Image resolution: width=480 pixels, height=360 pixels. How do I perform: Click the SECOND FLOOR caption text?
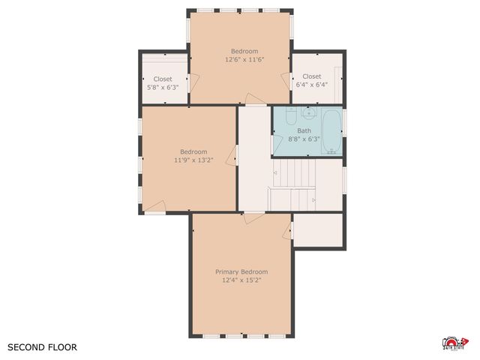pos(42,347)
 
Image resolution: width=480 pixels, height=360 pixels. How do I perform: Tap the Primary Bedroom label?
pos(241,271)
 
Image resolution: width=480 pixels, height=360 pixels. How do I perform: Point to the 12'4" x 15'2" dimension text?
pos(241,280)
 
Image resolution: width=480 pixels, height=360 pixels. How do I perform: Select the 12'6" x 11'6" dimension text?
pos(244,59)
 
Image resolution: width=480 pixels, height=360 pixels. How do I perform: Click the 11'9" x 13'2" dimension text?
pos(193,160)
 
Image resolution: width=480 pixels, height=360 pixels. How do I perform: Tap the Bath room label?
pos(304,130)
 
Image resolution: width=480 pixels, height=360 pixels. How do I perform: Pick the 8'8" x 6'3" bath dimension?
pos(304,139)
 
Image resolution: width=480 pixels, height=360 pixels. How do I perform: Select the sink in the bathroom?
pos(308,114)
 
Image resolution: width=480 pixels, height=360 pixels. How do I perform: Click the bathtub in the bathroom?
pos(331,131)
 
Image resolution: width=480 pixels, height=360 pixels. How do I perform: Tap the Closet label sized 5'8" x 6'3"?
pos(163,79)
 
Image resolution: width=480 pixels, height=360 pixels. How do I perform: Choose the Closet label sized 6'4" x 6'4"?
pos(312,76)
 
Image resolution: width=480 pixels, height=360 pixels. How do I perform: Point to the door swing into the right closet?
pos(286,81)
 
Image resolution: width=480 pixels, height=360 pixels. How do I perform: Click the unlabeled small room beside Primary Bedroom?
pos(319,230)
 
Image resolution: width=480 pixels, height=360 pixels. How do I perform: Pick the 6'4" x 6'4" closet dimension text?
pos(312,85)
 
